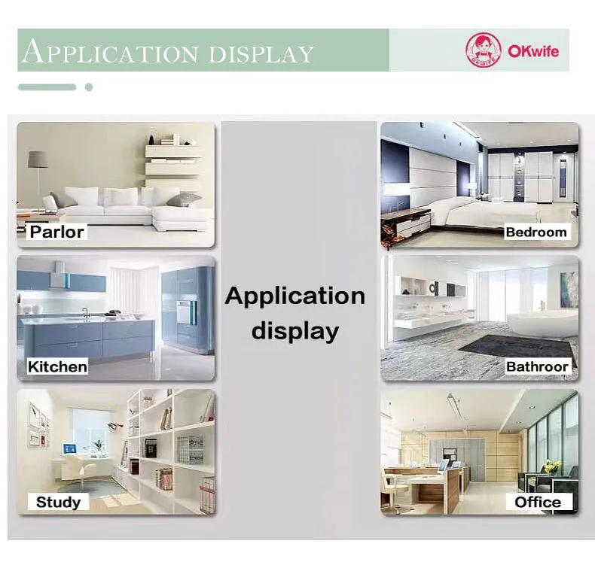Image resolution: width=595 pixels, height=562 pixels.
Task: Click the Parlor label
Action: click(x=57, y=232)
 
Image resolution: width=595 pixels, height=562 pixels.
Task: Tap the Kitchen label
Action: click(x=57, y=366)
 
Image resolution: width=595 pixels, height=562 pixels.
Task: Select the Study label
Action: click(x=58, y=502)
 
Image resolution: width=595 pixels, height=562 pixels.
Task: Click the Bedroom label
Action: click(x=536, y=232)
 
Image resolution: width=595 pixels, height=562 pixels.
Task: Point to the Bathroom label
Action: click(x=538, y=366)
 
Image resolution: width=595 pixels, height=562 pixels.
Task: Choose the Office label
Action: click(x=538, y=502)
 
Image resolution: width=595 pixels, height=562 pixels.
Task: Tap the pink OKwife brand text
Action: click(x=533, y=50)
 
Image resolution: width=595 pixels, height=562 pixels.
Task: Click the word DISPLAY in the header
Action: click(x=261, y=54)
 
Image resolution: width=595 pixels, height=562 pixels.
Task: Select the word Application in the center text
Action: click(x=294, y=296)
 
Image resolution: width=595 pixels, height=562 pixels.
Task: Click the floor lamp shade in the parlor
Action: click(x=38, y=159)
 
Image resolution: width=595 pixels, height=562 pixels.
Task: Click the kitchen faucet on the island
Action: click(x=86, y=313)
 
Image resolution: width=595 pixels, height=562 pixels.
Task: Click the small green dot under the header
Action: click(x=89, y=87)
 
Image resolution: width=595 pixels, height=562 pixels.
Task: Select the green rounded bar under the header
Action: click(x=47, y=87)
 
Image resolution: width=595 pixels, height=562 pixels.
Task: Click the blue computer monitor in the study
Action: click(x=69, y=448)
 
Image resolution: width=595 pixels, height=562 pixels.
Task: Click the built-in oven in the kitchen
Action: click(x=185, y=312)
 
